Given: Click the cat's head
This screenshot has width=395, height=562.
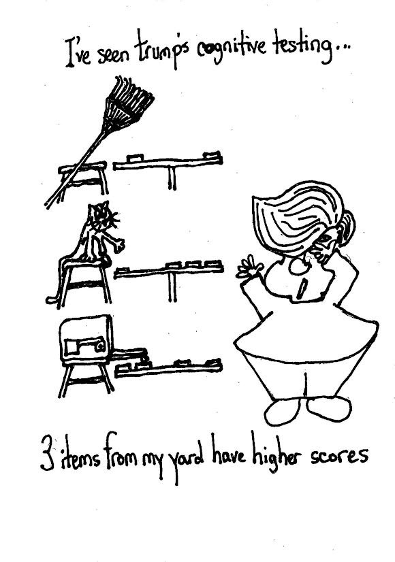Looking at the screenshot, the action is tap(101, 217).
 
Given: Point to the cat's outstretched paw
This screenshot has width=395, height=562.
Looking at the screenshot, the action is tap(118, 246).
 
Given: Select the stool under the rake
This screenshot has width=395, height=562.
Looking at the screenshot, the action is tap(84, 178).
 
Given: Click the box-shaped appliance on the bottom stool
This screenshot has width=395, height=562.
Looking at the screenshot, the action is tap(86, 340).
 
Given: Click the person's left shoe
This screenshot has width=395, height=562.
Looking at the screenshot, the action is tap(282, 412).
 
